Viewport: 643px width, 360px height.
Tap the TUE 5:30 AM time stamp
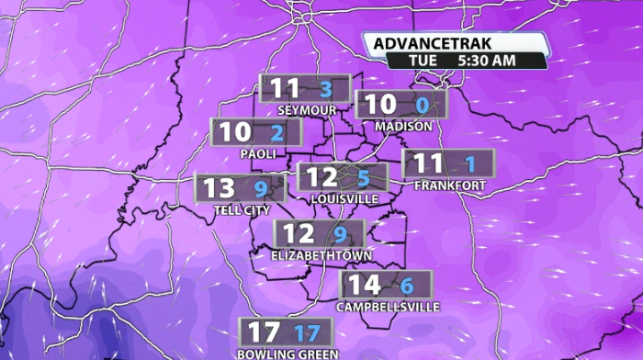468,61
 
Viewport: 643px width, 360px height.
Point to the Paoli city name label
258,153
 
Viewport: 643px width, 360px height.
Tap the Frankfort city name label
449,185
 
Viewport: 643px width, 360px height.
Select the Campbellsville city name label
389,307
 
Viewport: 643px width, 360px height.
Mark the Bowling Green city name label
288,354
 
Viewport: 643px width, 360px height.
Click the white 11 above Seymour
286,89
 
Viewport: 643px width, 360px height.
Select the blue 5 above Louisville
363,178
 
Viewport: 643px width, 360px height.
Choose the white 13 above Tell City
220,189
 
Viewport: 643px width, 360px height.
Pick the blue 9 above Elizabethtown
341,234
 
